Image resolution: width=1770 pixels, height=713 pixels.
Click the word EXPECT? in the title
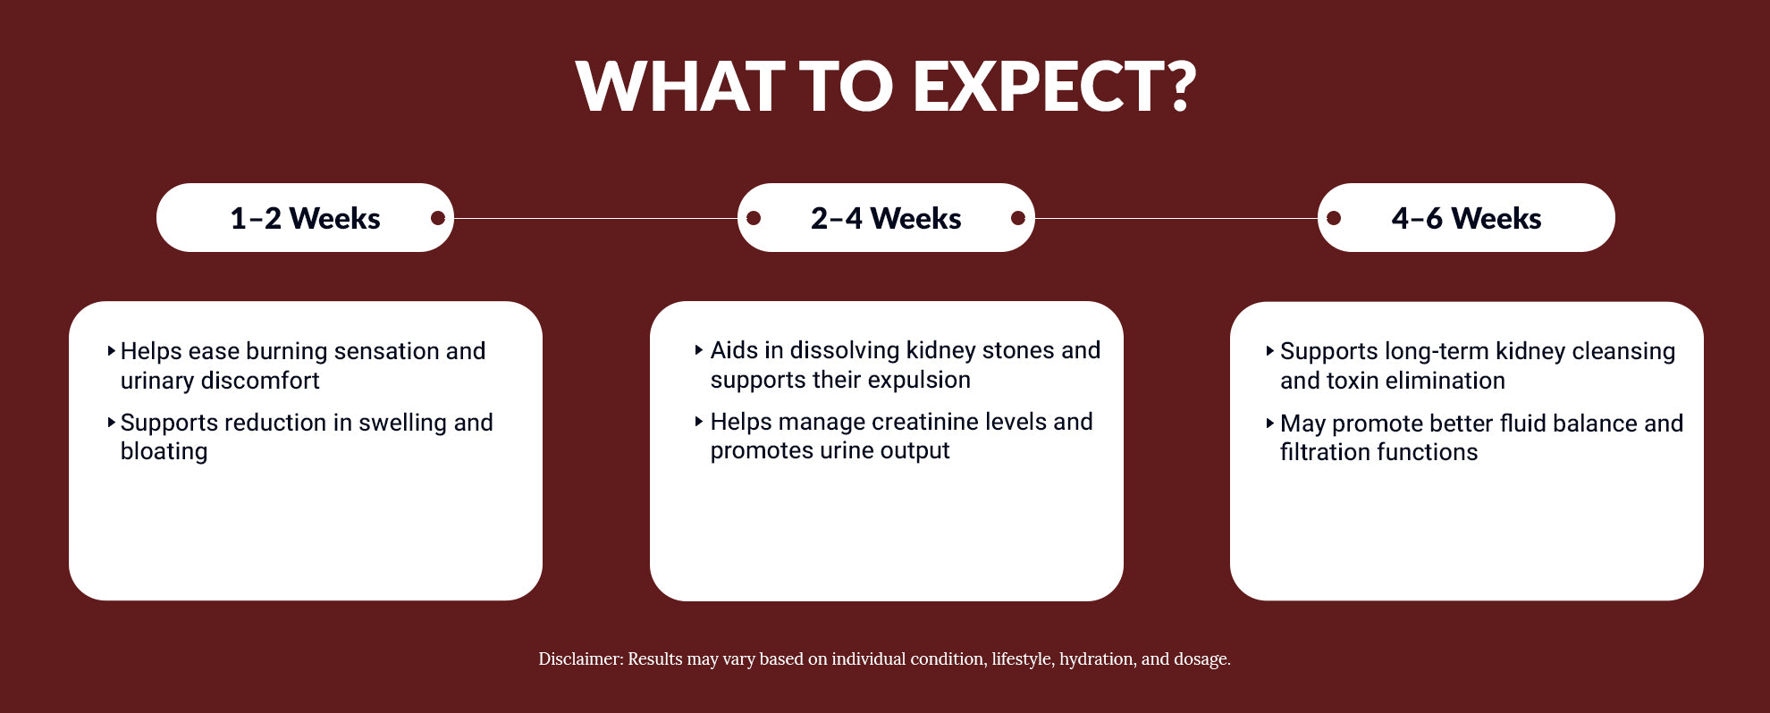(x=1054, y=87)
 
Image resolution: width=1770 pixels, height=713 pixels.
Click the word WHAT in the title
(x=680, y=87)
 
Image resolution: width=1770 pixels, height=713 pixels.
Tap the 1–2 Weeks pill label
(x=305, y=218)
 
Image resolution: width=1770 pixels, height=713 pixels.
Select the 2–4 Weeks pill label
(x=886, y=218)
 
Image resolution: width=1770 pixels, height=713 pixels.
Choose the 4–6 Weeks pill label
(x=1466, y=218)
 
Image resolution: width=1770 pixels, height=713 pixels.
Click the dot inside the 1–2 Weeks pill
(x=438, y=218)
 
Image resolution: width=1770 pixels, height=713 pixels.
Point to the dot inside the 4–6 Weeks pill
(x=1334, y=218)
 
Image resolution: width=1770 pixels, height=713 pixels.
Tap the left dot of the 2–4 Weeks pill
(x=754, y=218)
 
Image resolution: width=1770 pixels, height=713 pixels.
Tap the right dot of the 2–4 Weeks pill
(x=1017, y=218)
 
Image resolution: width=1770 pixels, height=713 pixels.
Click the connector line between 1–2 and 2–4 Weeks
(x=595, y=218)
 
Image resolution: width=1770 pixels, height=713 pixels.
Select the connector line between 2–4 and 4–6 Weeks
(x=1176, y=218)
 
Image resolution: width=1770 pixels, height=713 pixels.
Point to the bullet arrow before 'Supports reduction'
(x=111, y=422)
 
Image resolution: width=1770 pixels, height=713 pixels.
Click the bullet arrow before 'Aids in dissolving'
(x=699, y=350)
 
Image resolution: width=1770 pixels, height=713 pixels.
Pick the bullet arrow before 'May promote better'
(x=1269, y=423)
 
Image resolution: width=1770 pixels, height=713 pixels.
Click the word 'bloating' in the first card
(x=164, y=451)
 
